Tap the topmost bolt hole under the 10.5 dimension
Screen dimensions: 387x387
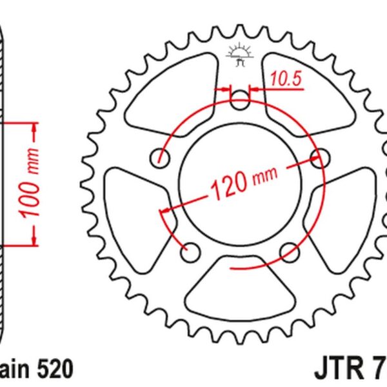click(x=240, y=100)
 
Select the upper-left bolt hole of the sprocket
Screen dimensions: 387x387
click(x=161, y=157)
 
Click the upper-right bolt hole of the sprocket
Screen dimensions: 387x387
click(x=318, y=157)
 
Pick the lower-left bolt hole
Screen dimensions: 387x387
click(x=190, y=252)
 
